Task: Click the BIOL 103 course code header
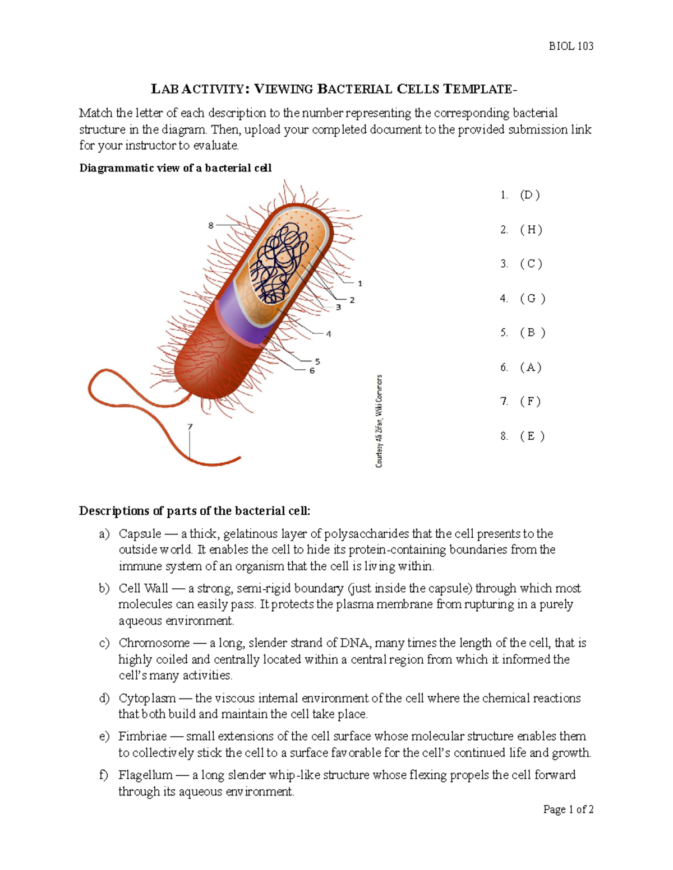(570, 46)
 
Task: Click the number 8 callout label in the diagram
(211, 225)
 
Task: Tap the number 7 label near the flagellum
(190, 427)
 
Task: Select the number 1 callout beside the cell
(360, 283)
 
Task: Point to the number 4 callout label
(329, 334)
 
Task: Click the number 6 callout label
(312, 371)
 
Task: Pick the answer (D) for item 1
(530, 195)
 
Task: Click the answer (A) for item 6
(531, 367)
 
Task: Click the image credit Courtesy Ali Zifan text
(380, 421)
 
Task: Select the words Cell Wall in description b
(143, 588)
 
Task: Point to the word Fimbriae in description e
(142, 736)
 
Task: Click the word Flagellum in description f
(145, 775)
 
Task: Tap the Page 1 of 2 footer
(568, 809)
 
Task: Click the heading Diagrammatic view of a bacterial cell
(176, 168)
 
